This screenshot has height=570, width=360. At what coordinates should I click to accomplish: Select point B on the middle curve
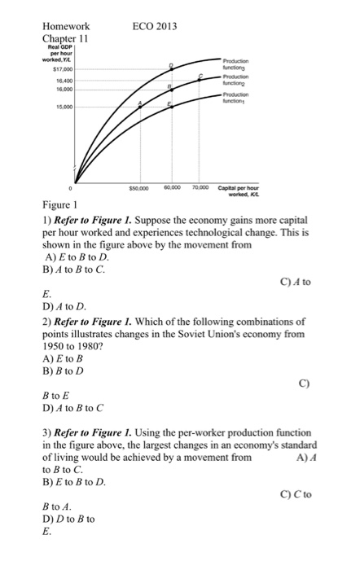[170, 89]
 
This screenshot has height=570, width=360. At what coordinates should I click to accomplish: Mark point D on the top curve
[171, 69]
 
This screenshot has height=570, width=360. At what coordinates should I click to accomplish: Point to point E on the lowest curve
[170, 107]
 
